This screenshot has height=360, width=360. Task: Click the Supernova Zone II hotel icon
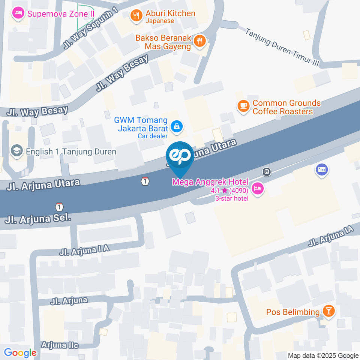tap(18, 14)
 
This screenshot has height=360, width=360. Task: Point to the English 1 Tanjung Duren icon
tap(16, 151)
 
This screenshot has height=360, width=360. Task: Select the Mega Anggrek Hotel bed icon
tap(257, 189)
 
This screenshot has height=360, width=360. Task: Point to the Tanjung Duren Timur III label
tap(282, 47)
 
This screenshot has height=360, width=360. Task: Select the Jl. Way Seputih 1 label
tap(90, 28)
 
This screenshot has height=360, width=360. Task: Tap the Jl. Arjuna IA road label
tap(331, 238)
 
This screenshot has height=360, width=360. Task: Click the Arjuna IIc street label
tap(60, 345)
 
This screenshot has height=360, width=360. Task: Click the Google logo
tap(20, 353)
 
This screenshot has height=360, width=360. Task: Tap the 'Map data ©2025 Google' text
tap(323, 355)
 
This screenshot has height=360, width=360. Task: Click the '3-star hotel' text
tap(231, 198)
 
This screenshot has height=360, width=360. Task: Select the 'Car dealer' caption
tap(152, 136)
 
